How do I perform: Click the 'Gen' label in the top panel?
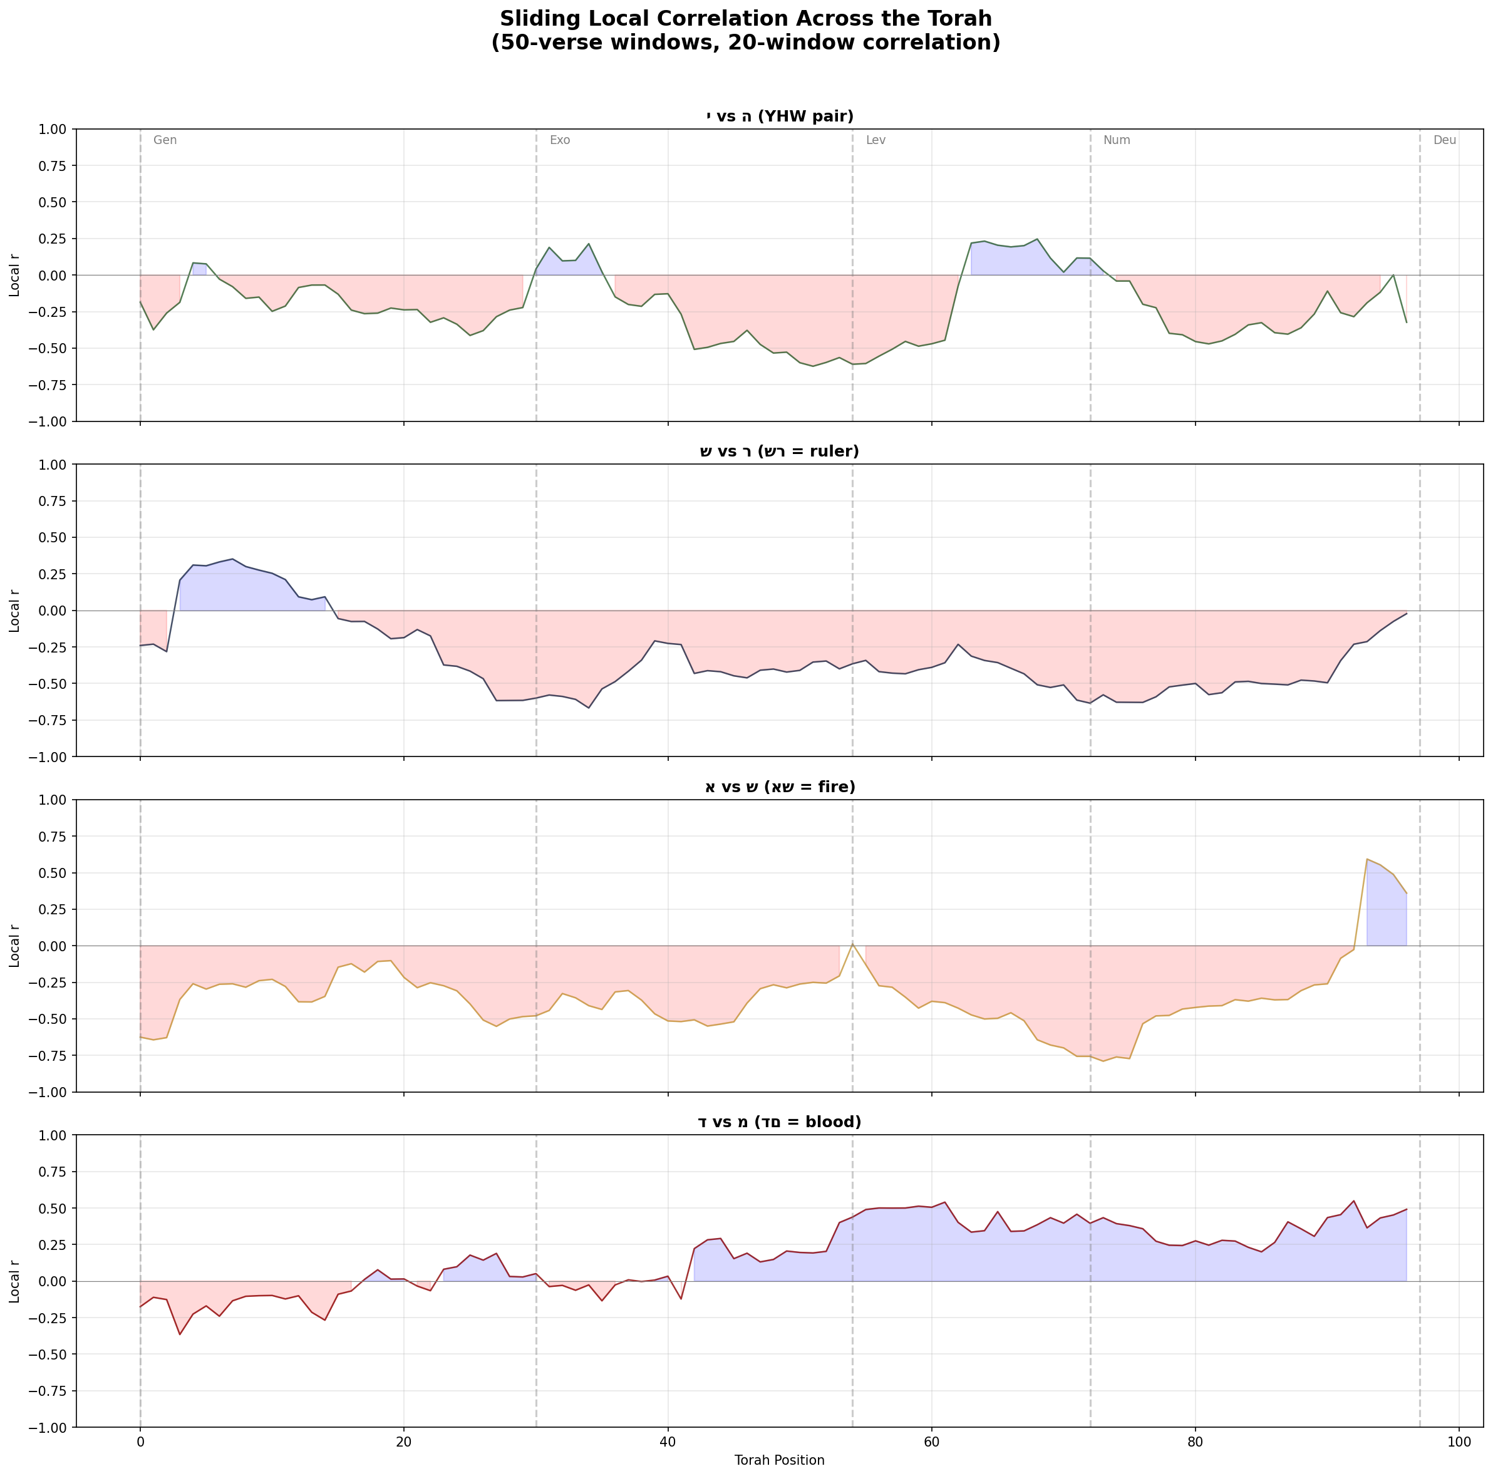coord(165,141)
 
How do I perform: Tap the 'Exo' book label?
coord(559,141)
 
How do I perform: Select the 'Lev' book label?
coord(876,141)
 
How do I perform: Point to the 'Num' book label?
coord(1116,141)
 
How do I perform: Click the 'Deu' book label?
coord(1444,141)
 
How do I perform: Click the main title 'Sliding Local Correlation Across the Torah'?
coord(746,19)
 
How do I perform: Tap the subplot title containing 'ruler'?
coord(779,452)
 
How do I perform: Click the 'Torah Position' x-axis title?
coord(779,1460)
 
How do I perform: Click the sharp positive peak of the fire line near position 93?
coord(1367,859)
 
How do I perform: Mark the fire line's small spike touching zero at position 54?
coord(852,943)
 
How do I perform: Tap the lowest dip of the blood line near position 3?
coord(180,1334)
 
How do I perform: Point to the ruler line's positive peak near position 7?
coord(232,559)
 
